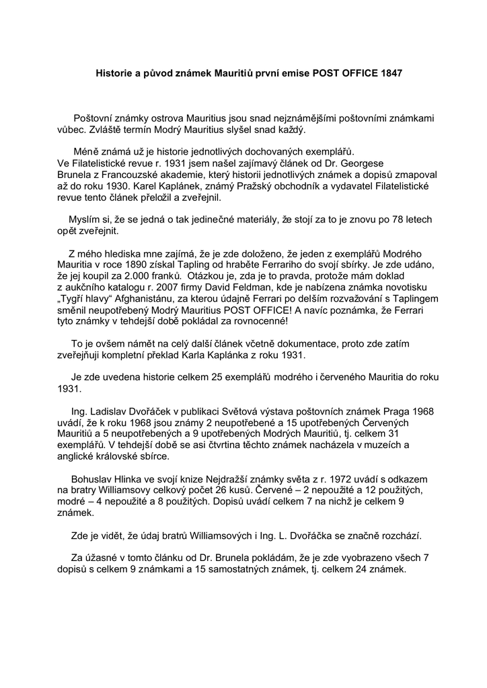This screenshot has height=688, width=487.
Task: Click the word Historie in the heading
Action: (x=112, y=73)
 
